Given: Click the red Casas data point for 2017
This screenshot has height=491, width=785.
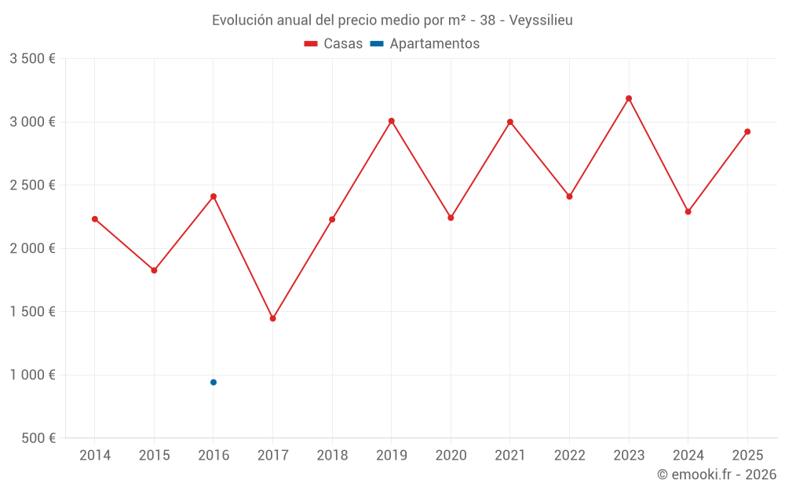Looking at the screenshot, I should pos(272,318).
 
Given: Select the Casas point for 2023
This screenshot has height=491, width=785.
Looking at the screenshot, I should pos(629,98).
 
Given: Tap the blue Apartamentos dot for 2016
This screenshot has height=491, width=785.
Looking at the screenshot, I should pos(214,383).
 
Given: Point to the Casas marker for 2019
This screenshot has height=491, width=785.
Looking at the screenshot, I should pos(391,121).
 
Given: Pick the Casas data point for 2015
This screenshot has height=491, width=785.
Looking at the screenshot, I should pos(154,270).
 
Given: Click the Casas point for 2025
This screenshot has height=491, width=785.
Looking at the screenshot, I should pos(747,132).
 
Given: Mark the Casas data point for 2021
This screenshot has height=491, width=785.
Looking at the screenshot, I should pos(510,122).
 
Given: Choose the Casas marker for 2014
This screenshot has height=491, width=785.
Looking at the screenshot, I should pos(95,219).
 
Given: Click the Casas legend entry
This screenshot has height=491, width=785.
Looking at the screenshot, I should pos(334,44).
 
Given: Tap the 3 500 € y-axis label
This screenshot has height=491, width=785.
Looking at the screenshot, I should pos(32,59).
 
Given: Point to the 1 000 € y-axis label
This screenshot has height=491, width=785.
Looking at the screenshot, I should pos(32,375).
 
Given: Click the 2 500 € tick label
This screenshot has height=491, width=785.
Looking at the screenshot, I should pos(32,185).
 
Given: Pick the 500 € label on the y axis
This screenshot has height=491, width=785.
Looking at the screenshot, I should pos(38,438).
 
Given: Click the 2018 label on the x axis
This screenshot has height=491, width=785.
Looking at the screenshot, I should pos(332,456).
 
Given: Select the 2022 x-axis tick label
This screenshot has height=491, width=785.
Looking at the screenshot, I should pos(569,456).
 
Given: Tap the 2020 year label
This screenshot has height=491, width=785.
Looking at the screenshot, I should pos(451,456).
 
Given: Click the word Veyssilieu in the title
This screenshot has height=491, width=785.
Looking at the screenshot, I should pos(541,20).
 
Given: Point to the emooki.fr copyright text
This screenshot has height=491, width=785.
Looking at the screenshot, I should pos(717,475).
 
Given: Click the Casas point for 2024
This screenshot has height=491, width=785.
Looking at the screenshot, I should pos(688,211).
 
